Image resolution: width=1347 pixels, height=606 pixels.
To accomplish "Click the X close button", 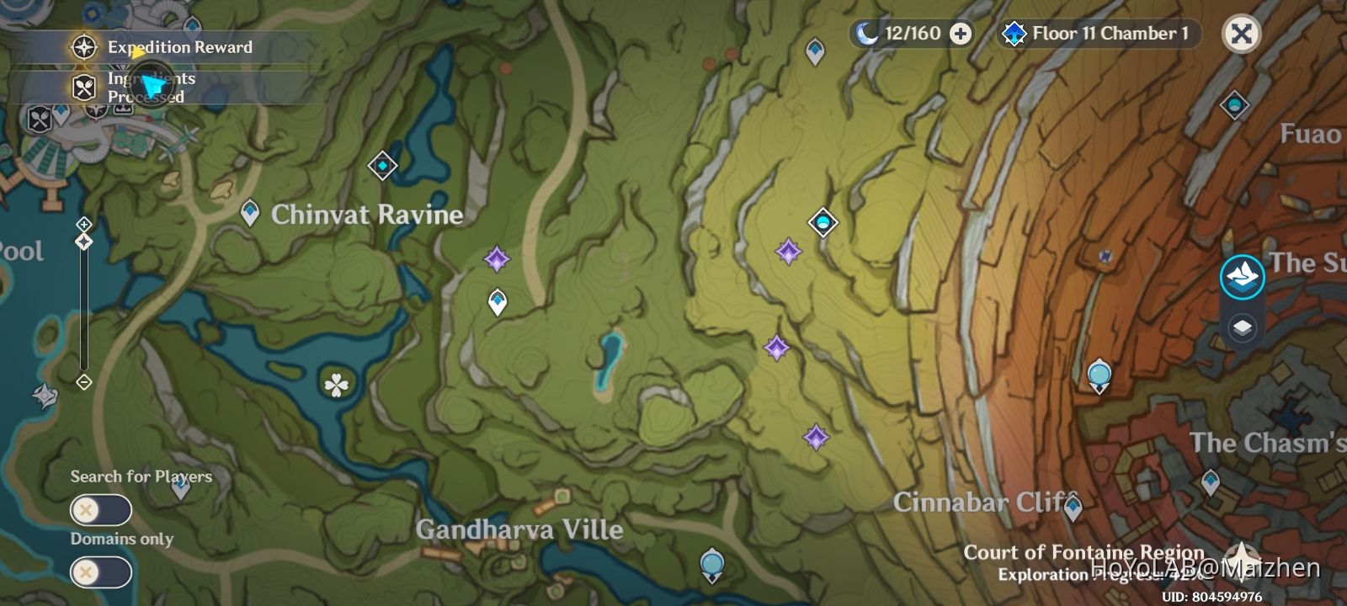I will tap(1241, 34).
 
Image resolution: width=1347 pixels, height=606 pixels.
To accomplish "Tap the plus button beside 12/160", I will tap(961, 34).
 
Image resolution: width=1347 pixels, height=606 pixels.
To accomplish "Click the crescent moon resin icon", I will tap(866, 34).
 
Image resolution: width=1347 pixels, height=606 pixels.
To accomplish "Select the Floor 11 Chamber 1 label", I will tap(1110, 34).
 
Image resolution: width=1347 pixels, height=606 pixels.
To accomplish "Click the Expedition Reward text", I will tap(179, 47).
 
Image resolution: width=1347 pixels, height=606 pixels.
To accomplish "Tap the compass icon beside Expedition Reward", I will tap(83, 47).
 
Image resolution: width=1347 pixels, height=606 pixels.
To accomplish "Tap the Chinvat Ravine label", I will tap(366, 215).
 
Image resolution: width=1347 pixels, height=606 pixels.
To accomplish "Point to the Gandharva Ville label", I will tap(519, 529).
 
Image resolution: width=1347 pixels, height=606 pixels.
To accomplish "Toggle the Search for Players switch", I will tap(100, 510).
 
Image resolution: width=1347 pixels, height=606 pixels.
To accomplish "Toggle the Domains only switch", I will tap(100, 572).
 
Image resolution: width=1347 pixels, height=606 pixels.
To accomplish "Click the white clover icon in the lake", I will tap(337, 385).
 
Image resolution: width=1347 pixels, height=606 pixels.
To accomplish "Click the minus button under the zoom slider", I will tap(83, 382).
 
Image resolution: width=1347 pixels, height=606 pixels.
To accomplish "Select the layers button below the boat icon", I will tap(1242, 327).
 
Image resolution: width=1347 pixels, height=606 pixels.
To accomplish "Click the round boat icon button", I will tap(1242, 276).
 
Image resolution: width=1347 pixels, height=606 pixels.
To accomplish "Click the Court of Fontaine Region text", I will tap(1083, 552).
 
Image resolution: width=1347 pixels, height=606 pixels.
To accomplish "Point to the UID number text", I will tap(1212, 597).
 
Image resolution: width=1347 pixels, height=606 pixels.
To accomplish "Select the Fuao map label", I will tap(1310, 134).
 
